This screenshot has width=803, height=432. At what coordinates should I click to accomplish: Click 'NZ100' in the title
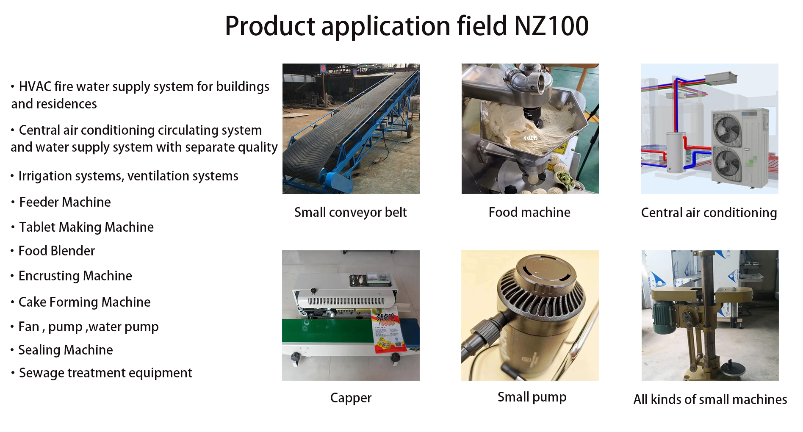tap(551, 26)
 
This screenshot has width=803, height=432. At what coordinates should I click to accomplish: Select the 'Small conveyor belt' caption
tap(351, 212)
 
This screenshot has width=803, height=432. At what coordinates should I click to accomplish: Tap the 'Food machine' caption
tap(529, 212)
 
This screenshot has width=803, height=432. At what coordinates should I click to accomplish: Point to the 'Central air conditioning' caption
tap(709, 213)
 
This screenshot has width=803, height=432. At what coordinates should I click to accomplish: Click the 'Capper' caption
tap(351, 398)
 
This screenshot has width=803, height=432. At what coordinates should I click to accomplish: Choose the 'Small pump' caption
tap(532, 397)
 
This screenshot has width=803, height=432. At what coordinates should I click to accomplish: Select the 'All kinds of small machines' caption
tap(710, 399)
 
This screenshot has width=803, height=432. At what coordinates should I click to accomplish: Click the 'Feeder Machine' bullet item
tap(65, 202)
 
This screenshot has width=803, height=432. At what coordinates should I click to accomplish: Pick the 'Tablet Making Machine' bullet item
tap(86, 227)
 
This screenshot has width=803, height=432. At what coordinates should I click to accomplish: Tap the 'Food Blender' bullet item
tap(56, 251)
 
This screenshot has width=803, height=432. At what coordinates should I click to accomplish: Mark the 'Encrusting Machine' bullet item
tap(75, 276)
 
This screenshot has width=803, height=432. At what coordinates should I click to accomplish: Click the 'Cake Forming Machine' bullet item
tap(84, 302)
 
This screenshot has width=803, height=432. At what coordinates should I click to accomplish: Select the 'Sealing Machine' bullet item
tap(66, 350)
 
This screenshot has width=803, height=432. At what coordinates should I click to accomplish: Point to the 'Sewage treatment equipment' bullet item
tap(105, 373)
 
